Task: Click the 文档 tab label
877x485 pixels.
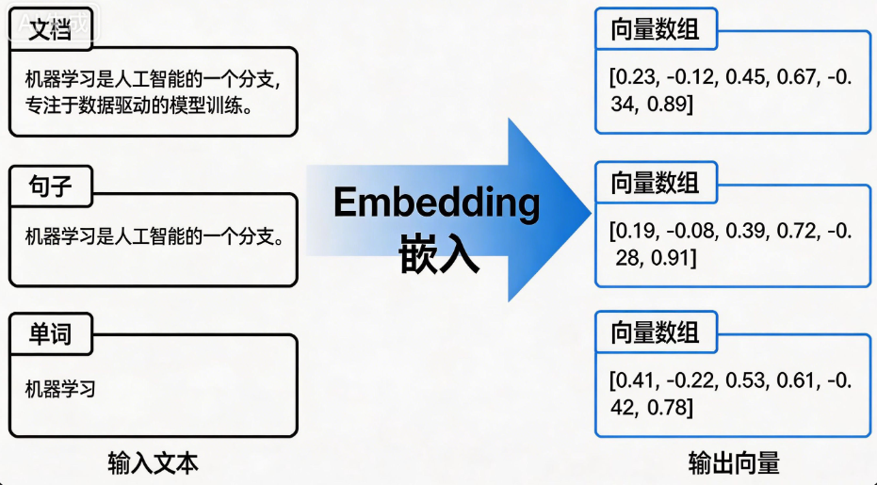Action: (50, 28)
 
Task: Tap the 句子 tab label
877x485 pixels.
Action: (50, 186)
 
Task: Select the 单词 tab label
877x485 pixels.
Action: (50, 334)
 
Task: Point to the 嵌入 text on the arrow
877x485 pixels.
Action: (439, 252)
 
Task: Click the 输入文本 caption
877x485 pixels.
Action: (153, 463)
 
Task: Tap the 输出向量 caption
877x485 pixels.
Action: (734, 463)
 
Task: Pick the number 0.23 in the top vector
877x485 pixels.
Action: (635, 77)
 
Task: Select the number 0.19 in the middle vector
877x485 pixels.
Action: (635, 231)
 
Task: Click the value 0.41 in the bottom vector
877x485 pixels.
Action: (634, 380)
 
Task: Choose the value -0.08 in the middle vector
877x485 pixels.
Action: (690, 231)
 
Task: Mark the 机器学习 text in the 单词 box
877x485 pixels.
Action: (60, 389)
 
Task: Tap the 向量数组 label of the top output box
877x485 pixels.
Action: (655, 29)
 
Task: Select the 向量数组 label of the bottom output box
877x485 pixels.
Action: (655, 332)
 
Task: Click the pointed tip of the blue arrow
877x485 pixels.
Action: (592, 212)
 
